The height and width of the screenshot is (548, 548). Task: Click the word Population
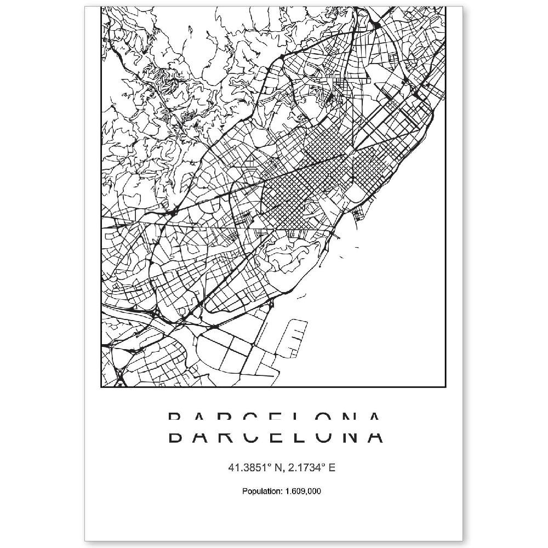click(x=261, y=490)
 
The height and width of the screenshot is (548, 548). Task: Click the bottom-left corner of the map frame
click(x=101, y=386)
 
